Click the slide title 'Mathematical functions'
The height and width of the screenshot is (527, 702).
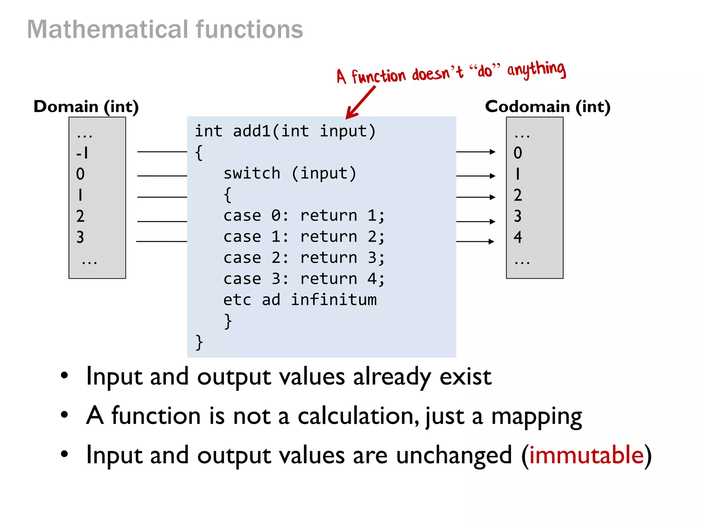pyautogui.click(x=165, y=30)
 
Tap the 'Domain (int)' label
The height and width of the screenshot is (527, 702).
pyautogui.click(x=86, y=107)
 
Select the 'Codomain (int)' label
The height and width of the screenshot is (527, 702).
pyautogui.click(x=547, y=107)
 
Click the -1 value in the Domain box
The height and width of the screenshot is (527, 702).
pyautogui.click(x=82, y=153)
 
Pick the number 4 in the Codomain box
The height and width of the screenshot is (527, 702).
pyautogui.click(x=518, y=237)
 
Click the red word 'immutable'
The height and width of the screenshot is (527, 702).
pyautogui.click(x=586, y=455)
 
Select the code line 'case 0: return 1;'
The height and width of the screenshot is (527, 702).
pyautogui.click(x=304, y=216)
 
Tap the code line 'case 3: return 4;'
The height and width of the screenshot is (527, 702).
pyautogui.click(x=304, y=279)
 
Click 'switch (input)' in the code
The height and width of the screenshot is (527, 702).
pyautogui.click(x=290, y=174)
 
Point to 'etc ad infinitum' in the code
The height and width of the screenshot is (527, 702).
pyautogui.click(x=300, y=300)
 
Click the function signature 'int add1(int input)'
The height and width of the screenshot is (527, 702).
pyautogui.click(x=285, y=131)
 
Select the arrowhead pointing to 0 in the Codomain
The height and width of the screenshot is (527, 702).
pyautogui.click(x=493, y=152)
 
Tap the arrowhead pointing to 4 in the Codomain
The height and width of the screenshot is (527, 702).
pyautogui.click(x=492, y=242)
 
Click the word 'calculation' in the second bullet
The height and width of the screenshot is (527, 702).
pyautogui.click(x=358, y=416)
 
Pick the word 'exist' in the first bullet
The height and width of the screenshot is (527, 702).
pyautogui.click(x=465, y=377)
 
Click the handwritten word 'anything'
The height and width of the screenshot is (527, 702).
pyautogui.click(x=536, y=70)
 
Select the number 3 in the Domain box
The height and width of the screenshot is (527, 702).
pyautogui.click(x=80, y=237)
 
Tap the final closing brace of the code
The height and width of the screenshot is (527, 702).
pyautogui.click(x=199, y=342)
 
